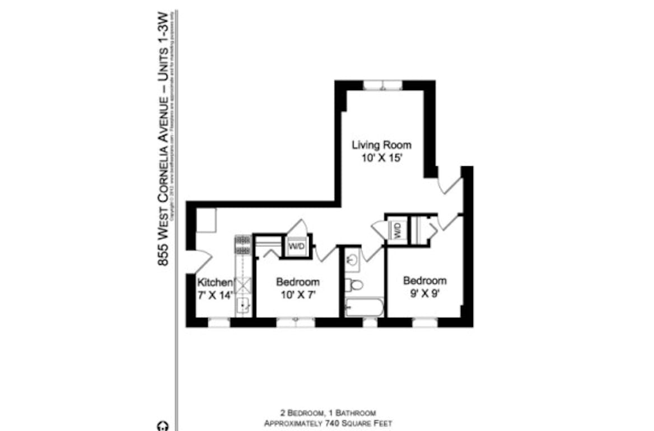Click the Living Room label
(x=381, y=146)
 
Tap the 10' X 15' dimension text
(x=381, y=158)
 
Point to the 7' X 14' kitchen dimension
(x=214, y=295)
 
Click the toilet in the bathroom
(x=353, y=284)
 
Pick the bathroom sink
(x=352, y=260)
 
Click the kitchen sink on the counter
(x=243, y=305)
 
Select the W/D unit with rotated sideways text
(x=396, y=229)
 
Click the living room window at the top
(x=382, y=85)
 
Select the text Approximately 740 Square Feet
(x=328, y=423)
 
